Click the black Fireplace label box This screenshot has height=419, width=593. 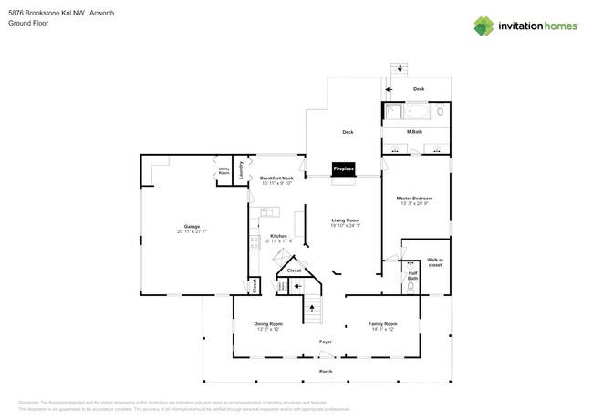click(x=343, y=169)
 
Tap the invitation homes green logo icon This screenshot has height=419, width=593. click(x=484, y=26)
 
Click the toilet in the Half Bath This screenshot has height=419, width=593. click(x=411, y=286)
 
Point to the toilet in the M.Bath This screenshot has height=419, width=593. click(x=441, y=111)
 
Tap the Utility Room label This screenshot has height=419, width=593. click(x=224, y=170)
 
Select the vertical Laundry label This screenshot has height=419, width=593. click(x=241, y=169)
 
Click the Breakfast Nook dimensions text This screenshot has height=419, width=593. click(x=276, y=183)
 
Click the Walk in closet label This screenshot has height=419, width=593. click(x=434, y=263)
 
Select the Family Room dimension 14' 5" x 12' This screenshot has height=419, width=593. click(x=383, y=330)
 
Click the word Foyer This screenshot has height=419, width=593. click(x=325, y=342)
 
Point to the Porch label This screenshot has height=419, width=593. click(x=325, y=372)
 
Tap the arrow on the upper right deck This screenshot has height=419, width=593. click(x=389, y=89)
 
